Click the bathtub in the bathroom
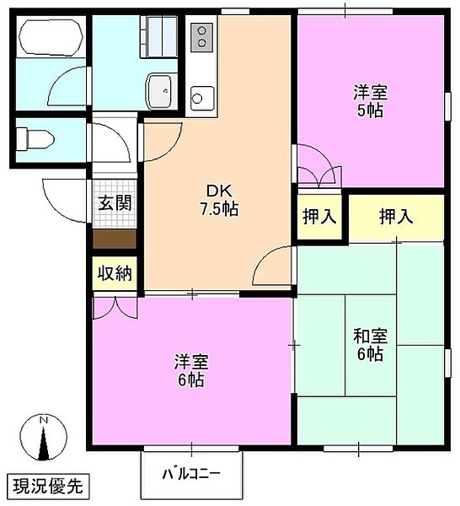[51, 37]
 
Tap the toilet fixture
[35, 139]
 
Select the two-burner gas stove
[201, 37]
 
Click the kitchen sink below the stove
[201, 98]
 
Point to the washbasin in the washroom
[161, 91]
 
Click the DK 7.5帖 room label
[219, 201]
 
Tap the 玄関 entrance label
[115, 203]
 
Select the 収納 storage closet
[115, 273]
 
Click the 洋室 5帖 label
[370, 101]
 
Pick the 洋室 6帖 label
[191, 371]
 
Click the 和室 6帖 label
[370, 345]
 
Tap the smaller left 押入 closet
[319, 217]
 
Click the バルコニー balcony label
[191, 474]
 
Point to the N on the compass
[44, 420]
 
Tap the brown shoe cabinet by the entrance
[115, 239]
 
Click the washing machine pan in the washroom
[159, 36]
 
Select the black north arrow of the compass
[44, 443]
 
